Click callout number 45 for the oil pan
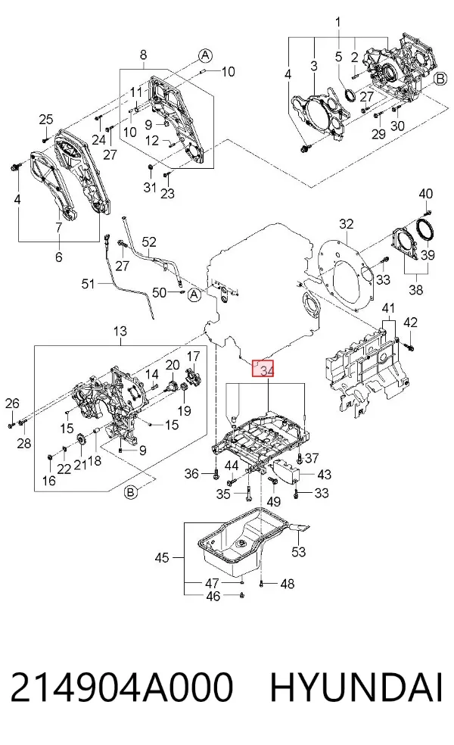point(162,557)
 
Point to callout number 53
point(299,552)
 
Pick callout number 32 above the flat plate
point(347,223)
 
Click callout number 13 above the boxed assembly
point(120,331)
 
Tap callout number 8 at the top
point(144,55)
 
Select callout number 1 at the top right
point(338,22)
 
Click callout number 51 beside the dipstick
point(89,284)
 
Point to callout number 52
point(149,242)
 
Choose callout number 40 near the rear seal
point(426,194)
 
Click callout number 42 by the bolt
point(410,323)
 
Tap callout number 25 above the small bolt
point(46,120)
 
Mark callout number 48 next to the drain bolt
point(288,584)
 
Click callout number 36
point(191,474)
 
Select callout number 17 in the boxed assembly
point(193,357)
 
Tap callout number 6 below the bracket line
point(59,257)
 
